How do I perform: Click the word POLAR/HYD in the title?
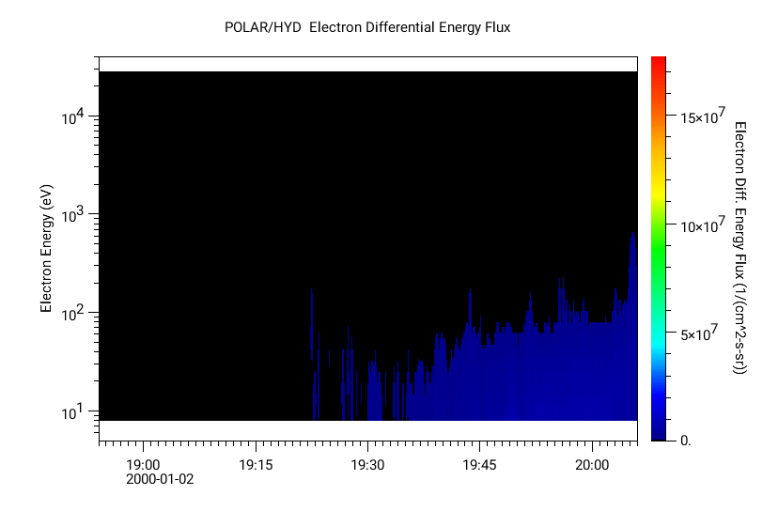(x=263, y=27)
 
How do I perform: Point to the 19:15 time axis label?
(x=255, y=464)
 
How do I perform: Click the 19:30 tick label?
(x=367, y=464)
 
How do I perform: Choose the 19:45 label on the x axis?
(x=479, y=464)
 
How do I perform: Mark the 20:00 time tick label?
(x=592, y=464)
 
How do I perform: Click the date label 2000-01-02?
(x=160, y=479)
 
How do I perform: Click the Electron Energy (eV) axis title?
(x=45, y=249)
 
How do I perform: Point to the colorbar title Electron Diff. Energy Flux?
(x=739, y=248)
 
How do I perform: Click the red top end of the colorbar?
(x=659, y=61)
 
